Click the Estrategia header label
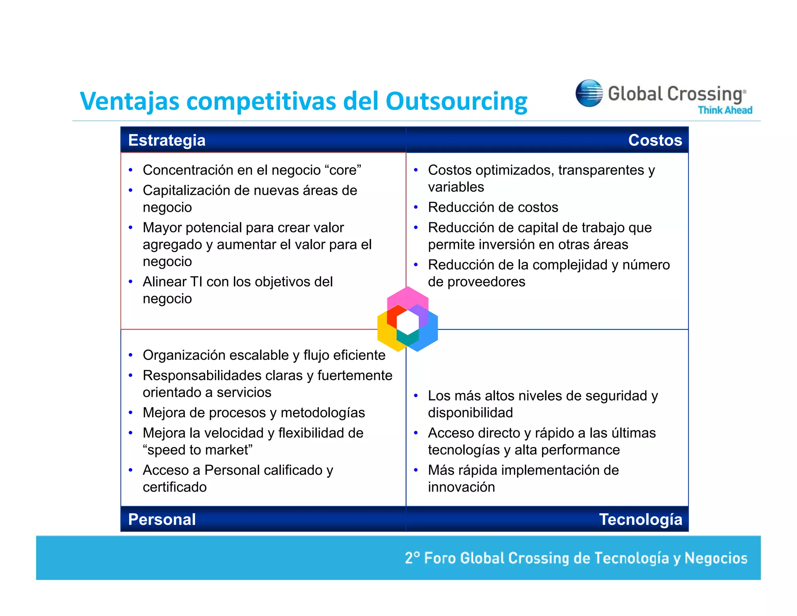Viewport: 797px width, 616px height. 167,140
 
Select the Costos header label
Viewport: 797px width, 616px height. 655,140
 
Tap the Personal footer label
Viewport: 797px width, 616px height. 162,519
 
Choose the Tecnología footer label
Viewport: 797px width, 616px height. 641,519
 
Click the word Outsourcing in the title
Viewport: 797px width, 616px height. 456,101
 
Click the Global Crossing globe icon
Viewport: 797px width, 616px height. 589,93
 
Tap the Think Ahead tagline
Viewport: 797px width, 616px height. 725,110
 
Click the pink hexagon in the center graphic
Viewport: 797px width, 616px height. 407,296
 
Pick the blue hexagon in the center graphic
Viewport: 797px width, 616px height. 428,334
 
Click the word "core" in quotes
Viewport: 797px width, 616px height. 343,170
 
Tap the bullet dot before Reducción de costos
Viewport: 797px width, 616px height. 416,208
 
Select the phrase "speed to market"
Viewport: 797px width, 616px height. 198,450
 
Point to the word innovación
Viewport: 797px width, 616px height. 461,487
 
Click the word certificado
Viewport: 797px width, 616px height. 175,487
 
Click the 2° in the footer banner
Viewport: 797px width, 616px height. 412,558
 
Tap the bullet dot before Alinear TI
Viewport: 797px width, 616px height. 131,282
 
